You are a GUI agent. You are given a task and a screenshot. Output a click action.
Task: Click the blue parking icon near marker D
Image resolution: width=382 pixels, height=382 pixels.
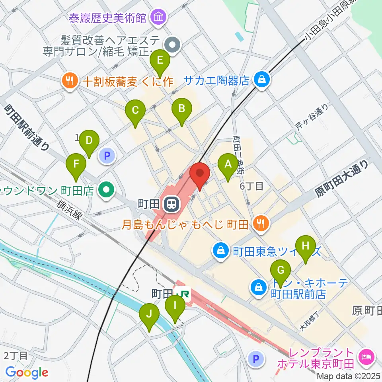(x=106, y=156)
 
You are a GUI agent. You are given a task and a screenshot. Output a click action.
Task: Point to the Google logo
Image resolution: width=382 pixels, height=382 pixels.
(x=27, y=372)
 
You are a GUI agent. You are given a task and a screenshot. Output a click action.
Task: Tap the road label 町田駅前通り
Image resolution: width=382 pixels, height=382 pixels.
(x=27, y=127)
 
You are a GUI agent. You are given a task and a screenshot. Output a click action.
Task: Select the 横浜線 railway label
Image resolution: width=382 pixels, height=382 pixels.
(x=70, y=209)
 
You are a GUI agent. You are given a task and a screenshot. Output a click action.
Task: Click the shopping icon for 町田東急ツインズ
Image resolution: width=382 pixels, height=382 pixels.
(x=220, y=251)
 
